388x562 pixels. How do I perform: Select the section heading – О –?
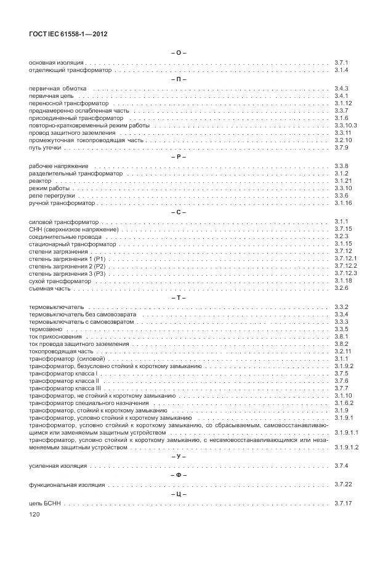point(178,53)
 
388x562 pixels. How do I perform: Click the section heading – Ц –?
point(178,494)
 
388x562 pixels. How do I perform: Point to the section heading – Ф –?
point(178,475)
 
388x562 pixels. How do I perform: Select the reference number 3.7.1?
point(342,63)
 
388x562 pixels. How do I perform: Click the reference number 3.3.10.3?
point(346,125)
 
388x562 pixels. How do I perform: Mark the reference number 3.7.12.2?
point(346,266)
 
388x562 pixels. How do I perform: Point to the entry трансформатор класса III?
point(65,388)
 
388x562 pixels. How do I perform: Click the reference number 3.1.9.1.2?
point(346,448)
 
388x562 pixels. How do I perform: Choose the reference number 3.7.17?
point(343,504)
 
